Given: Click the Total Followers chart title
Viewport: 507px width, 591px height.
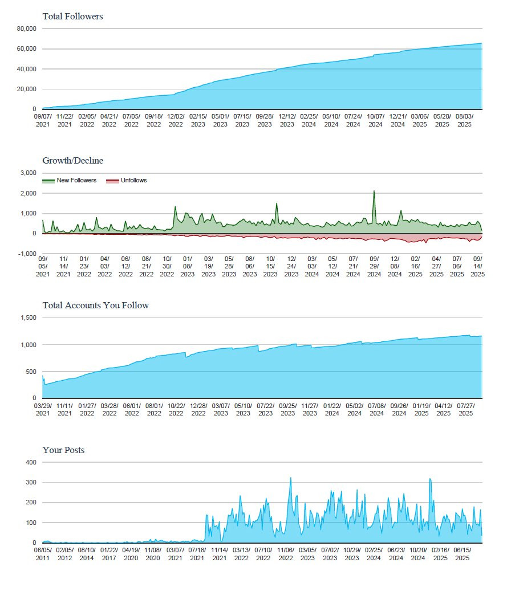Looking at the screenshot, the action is [72, 16].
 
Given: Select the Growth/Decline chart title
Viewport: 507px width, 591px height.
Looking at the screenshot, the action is [73, 161].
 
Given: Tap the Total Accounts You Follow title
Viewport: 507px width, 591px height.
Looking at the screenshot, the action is [95, 305].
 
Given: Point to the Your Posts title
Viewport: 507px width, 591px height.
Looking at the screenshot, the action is [63, 450].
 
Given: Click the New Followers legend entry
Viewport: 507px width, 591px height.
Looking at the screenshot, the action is [70, 181].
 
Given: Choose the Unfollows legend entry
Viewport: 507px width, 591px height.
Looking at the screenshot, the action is [127, 181].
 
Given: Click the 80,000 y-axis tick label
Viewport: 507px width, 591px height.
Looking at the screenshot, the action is [26, 28].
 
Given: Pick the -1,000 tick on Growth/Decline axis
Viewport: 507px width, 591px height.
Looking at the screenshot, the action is [27, 254].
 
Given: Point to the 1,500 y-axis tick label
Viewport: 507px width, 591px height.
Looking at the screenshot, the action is [29, 318].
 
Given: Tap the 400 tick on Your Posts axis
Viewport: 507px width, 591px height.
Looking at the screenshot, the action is [31, 462].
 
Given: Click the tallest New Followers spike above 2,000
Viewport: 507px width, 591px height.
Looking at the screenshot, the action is [374, 191].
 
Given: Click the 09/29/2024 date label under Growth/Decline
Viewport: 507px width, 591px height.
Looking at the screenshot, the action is [374, 267].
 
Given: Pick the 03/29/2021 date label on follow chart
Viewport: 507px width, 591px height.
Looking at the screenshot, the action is [43, 410].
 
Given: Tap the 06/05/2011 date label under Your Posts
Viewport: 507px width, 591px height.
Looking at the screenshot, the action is [43, 554].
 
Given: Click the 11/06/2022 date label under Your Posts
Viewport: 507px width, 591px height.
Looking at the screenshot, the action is [286, 554].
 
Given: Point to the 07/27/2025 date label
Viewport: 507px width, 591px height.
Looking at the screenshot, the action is [466, 410].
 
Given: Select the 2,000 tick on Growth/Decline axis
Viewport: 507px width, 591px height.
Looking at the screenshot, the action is [29, 194].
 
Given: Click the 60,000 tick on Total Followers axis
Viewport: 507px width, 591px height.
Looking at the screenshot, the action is [26, 49].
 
